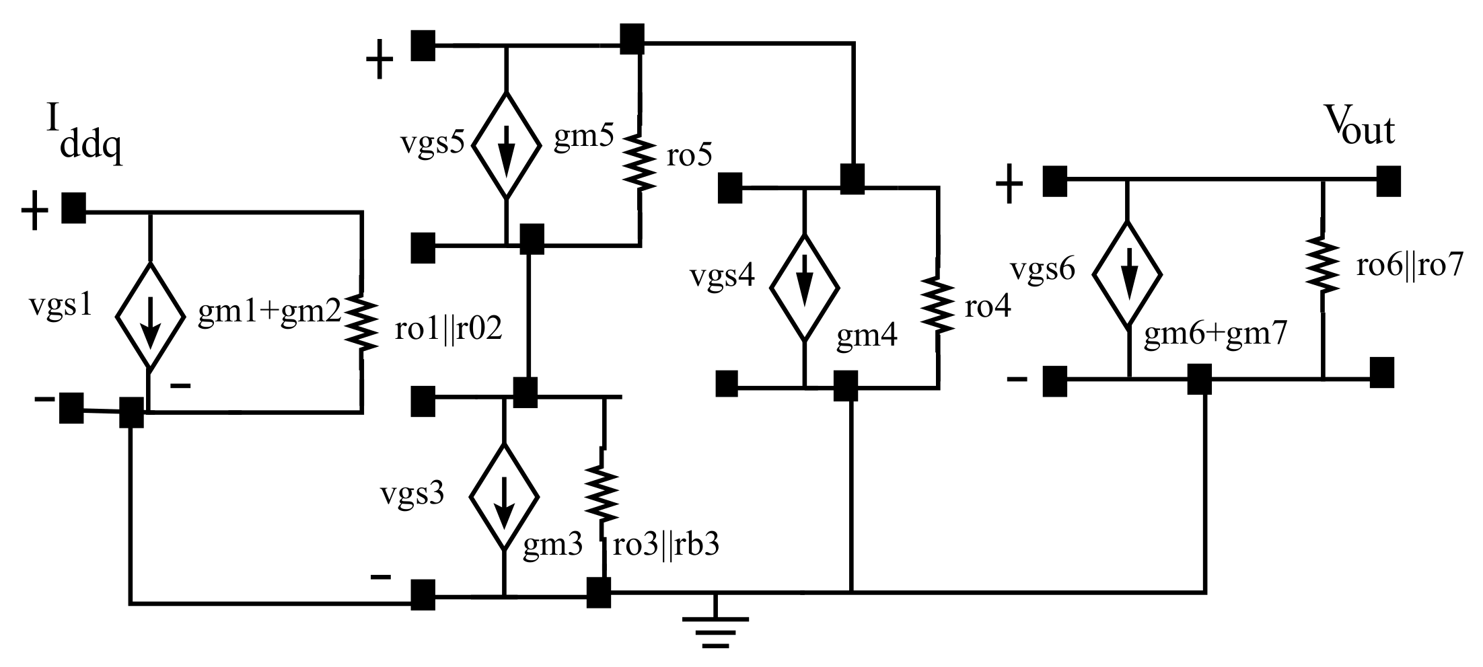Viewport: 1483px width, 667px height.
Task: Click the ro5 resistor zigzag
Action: (x=639, y=160)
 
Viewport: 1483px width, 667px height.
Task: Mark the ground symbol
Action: (x=715, y=625)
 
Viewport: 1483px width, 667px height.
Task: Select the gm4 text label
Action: (x=866, y=335)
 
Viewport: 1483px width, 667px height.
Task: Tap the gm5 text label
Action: (x=583, y=138)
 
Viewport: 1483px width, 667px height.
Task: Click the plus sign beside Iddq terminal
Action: (x=35, y=212)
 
